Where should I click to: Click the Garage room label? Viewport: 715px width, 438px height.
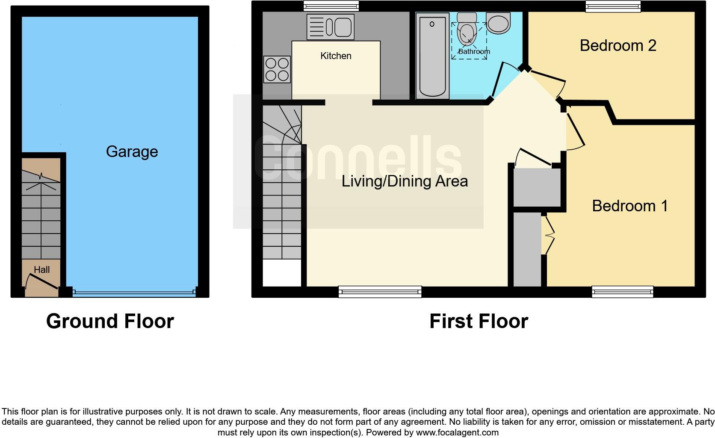(x=132, y=151)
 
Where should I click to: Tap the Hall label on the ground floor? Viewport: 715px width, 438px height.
(x=42, y=270)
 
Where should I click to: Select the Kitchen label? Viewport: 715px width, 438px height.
(x=336, y=56)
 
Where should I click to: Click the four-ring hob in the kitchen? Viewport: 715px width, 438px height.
(x=277, y=69)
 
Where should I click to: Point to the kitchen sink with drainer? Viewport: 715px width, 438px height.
(x=330, y=27)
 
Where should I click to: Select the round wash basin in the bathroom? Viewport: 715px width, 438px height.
(x=498, y=24)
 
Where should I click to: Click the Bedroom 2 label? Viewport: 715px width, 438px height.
(x=617, y=45)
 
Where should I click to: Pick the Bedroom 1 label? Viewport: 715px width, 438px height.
(x=629, y=206)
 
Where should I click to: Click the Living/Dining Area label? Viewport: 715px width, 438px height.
(x=405, y=181)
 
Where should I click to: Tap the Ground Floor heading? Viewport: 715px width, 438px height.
(x=110, y=321)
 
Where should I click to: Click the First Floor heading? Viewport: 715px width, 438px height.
(x=479, y=321)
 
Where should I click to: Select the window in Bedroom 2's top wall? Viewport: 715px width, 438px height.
(x=613, y=6)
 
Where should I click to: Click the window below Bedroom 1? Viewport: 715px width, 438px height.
(x=622, y=292)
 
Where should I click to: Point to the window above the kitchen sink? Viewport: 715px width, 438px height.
(x=331, y=6)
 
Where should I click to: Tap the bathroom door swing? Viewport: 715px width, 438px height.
(x=500, y=81)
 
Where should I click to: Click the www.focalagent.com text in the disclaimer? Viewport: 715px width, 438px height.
(x=457, y=432)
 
